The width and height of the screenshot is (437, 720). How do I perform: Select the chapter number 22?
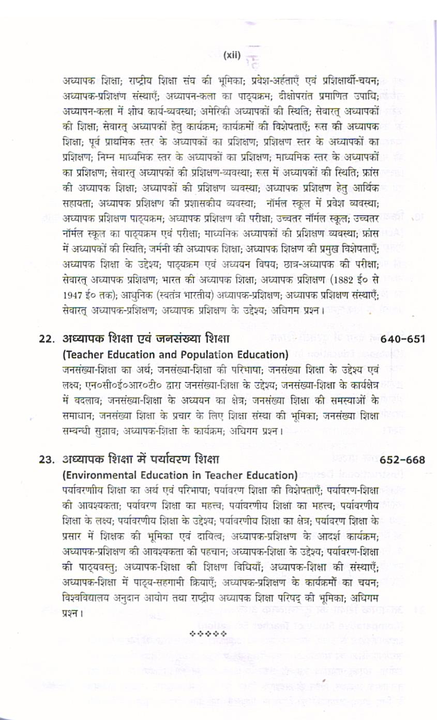[47, 339]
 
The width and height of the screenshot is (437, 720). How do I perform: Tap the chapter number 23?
[47, 459]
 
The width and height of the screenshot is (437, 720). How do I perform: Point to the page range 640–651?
[402, 340]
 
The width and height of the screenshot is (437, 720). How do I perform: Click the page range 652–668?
[402, 459]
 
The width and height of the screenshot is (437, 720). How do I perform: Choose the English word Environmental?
[100, 474]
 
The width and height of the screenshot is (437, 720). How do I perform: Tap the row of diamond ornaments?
[208, 633]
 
